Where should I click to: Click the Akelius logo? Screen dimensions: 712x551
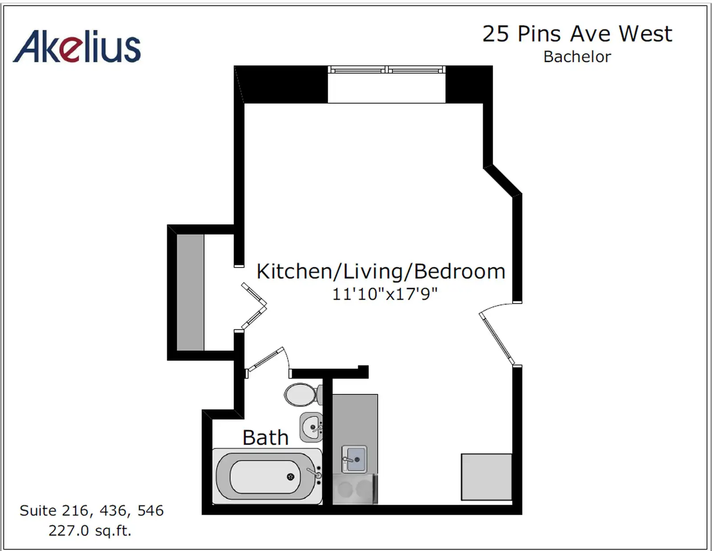[x=77, y=47]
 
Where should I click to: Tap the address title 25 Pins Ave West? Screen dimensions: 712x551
[x=577, y=34]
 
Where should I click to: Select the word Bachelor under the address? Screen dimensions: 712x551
[x=577, y=57]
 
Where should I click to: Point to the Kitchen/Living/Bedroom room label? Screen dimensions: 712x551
[x=381, y=271]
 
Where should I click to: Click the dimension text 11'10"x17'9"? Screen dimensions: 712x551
[x=384, y=294]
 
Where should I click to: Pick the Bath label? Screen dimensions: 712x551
[x=265, y=438]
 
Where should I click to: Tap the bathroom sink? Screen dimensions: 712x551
[x=311, y=427]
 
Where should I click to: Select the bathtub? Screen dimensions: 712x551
[x=267, y=477]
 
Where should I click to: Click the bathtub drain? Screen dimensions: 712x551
[x=290, y=477]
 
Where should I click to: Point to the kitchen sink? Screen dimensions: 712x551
[x=354, y=459]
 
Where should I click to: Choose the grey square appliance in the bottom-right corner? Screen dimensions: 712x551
[x=486, y=477]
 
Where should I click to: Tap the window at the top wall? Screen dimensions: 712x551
[x=387, y=70]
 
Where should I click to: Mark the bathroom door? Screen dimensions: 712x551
[x=265, y=359]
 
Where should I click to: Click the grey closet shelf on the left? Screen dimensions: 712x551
[x=190, y=292]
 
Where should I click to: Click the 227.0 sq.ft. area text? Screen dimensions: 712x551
[x=90, y=531]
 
